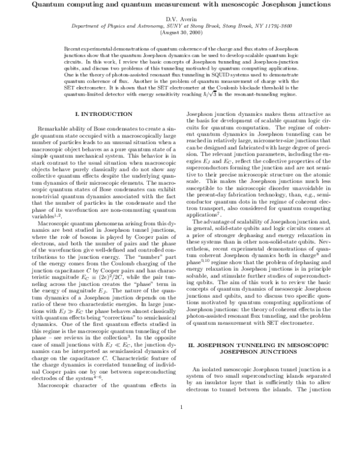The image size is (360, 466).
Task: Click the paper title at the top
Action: click(x=180, y=5)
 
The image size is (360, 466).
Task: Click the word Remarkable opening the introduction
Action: click(x=55, y=129)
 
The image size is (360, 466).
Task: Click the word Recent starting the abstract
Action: click(x=72, y=47)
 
